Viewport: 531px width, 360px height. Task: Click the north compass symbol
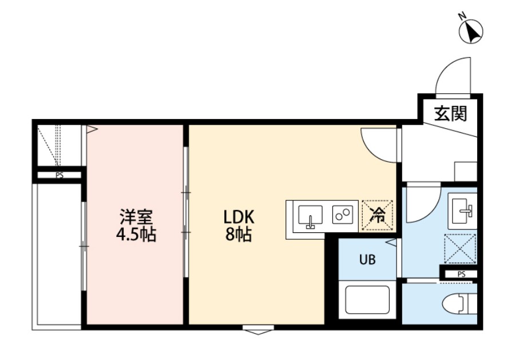[471, 31]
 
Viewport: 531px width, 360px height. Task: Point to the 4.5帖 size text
[136, 235]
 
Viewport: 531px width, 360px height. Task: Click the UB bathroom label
[367, 260]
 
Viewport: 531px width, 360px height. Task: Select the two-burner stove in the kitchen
[342, 215]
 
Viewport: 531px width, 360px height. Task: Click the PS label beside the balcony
[60, 176]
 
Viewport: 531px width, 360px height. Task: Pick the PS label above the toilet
[461, 275]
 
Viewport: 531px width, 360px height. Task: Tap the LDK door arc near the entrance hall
[378, 143]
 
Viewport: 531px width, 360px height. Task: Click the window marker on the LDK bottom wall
[257, 330]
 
